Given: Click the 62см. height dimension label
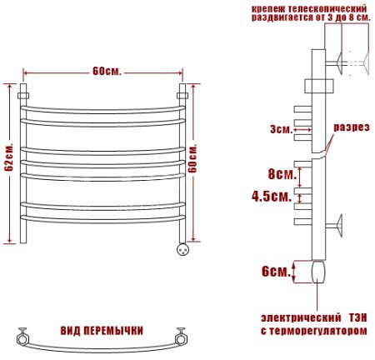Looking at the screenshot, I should tap(8, 158).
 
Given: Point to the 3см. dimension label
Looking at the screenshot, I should tap(281, 129).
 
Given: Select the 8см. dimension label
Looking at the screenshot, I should tap(282, 175).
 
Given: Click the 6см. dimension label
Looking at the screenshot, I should tap(275, 272).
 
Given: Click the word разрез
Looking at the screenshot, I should tap(352, 127).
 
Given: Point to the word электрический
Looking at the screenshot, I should tap(298, 318).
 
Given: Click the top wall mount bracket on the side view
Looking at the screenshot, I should tap(341, 60).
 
